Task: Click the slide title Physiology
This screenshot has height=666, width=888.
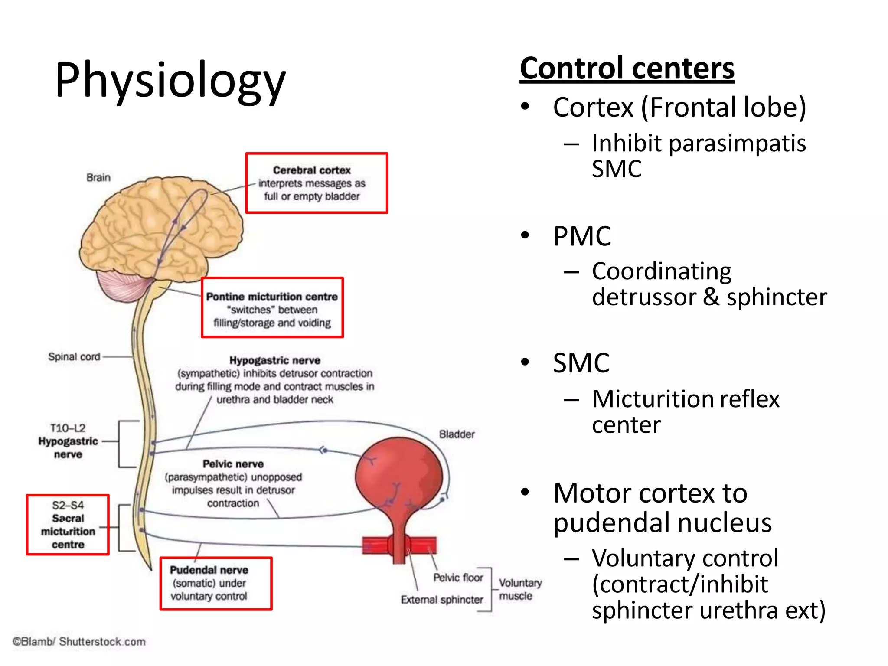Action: click(170, 80)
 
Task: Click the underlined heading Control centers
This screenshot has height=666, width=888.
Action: click(627, 69)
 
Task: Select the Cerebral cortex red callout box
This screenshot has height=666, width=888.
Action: click(316, 183)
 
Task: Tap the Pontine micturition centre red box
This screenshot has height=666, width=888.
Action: click(272, 307)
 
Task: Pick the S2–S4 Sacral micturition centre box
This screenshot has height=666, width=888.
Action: click(68, 524)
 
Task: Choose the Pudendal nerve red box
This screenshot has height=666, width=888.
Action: click(215, 583)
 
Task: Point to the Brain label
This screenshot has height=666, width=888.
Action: click(98, 177)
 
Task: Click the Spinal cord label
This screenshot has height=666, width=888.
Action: click(74, 356)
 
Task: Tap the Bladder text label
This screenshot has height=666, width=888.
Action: click(457, 434)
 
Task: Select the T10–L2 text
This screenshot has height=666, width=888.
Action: click(68, 428)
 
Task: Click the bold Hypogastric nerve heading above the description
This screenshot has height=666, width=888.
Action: click(274, 360)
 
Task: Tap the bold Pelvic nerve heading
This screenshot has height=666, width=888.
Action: click(233, 464)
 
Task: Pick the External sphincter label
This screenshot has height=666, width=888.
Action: click(441, 600)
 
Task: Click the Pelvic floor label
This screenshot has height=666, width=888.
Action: click(458, 578)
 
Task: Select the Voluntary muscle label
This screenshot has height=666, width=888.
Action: click(519, 589)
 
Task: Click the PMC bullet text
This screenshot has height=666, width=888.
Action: click(582, 236)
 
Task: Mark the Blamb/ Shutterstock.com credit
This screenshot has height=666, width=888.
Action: click(79, 641)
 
